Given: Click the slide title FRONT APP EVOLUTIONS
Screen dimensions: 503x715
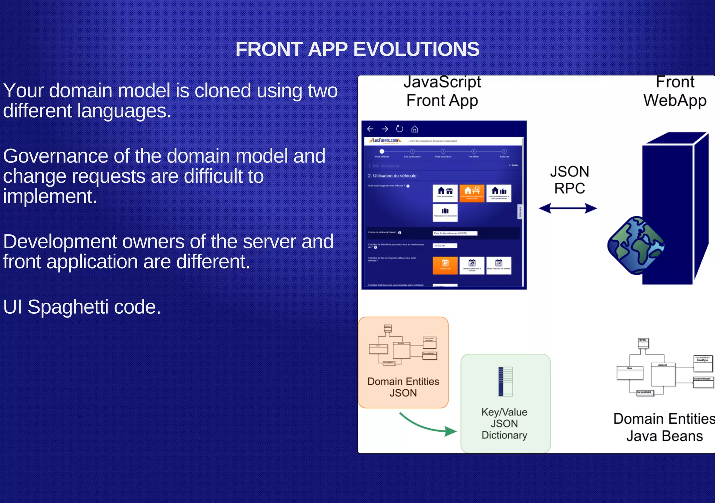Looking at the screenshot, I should point(357,49).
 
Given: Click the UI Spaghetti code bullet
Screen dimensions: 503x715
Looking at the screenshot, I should point(82,307).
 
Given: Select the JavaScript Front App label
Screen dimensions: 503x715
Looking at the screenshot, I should point(442,92).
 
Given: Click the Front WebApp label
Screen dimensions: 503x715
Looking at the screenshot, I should point(675,92).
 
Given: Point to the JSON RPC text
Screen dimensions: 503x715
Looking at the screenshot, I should point(569,180).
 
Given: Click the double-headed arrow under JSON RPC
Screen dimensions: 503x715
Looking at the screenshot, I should point(568,209).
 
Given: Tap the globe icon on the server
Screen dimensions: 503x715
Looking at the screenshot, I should point(635,245).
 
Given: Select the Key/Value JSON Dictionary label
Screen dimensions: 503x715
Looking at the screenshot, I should point(504,423).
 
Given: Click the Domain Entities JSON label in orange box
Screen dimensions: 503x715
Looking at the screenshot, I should point(403,387).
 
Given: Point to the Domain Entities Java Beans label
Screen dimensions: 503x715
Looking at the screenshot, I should point(664,427).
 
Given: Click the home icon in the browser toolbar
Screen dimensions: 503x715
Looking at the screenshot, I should point(414,129).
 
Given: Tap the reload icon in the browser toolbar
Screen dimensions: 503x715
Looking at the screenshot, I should point(399,129).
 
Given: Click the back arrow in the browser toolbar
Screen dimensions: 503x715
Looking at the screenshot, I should point(370,129).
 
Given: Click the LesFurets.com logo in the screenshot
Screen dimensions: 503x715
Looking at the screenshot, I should point(385,140).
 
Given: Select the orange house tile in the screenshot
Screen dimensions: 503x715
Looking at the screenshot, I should point(472,193).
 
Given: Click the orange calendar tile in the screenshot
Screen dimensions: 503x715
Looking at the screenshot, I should point(445,265).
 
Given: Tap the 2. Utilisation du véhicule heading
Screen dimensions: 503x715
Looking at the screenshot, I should point(392,176).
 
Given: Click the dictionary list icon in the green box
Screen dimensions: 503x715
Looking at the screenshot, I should point(505,381).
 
